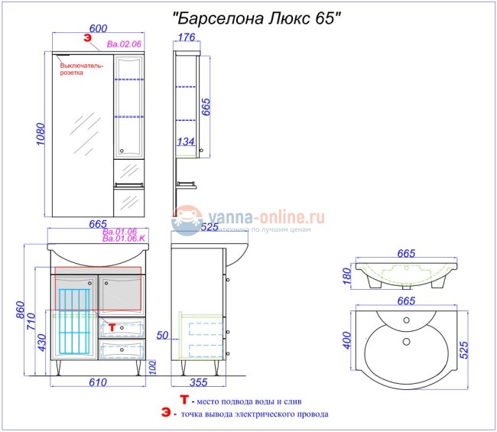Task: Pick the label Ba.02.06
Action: click(x=124, y=44)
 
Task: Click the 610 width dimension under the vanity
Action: click(x=97, y=383)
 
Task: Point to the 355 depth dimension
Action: click(x=198, y=383)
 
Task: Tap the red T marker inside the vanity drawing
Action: click(x=112, y=326)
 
